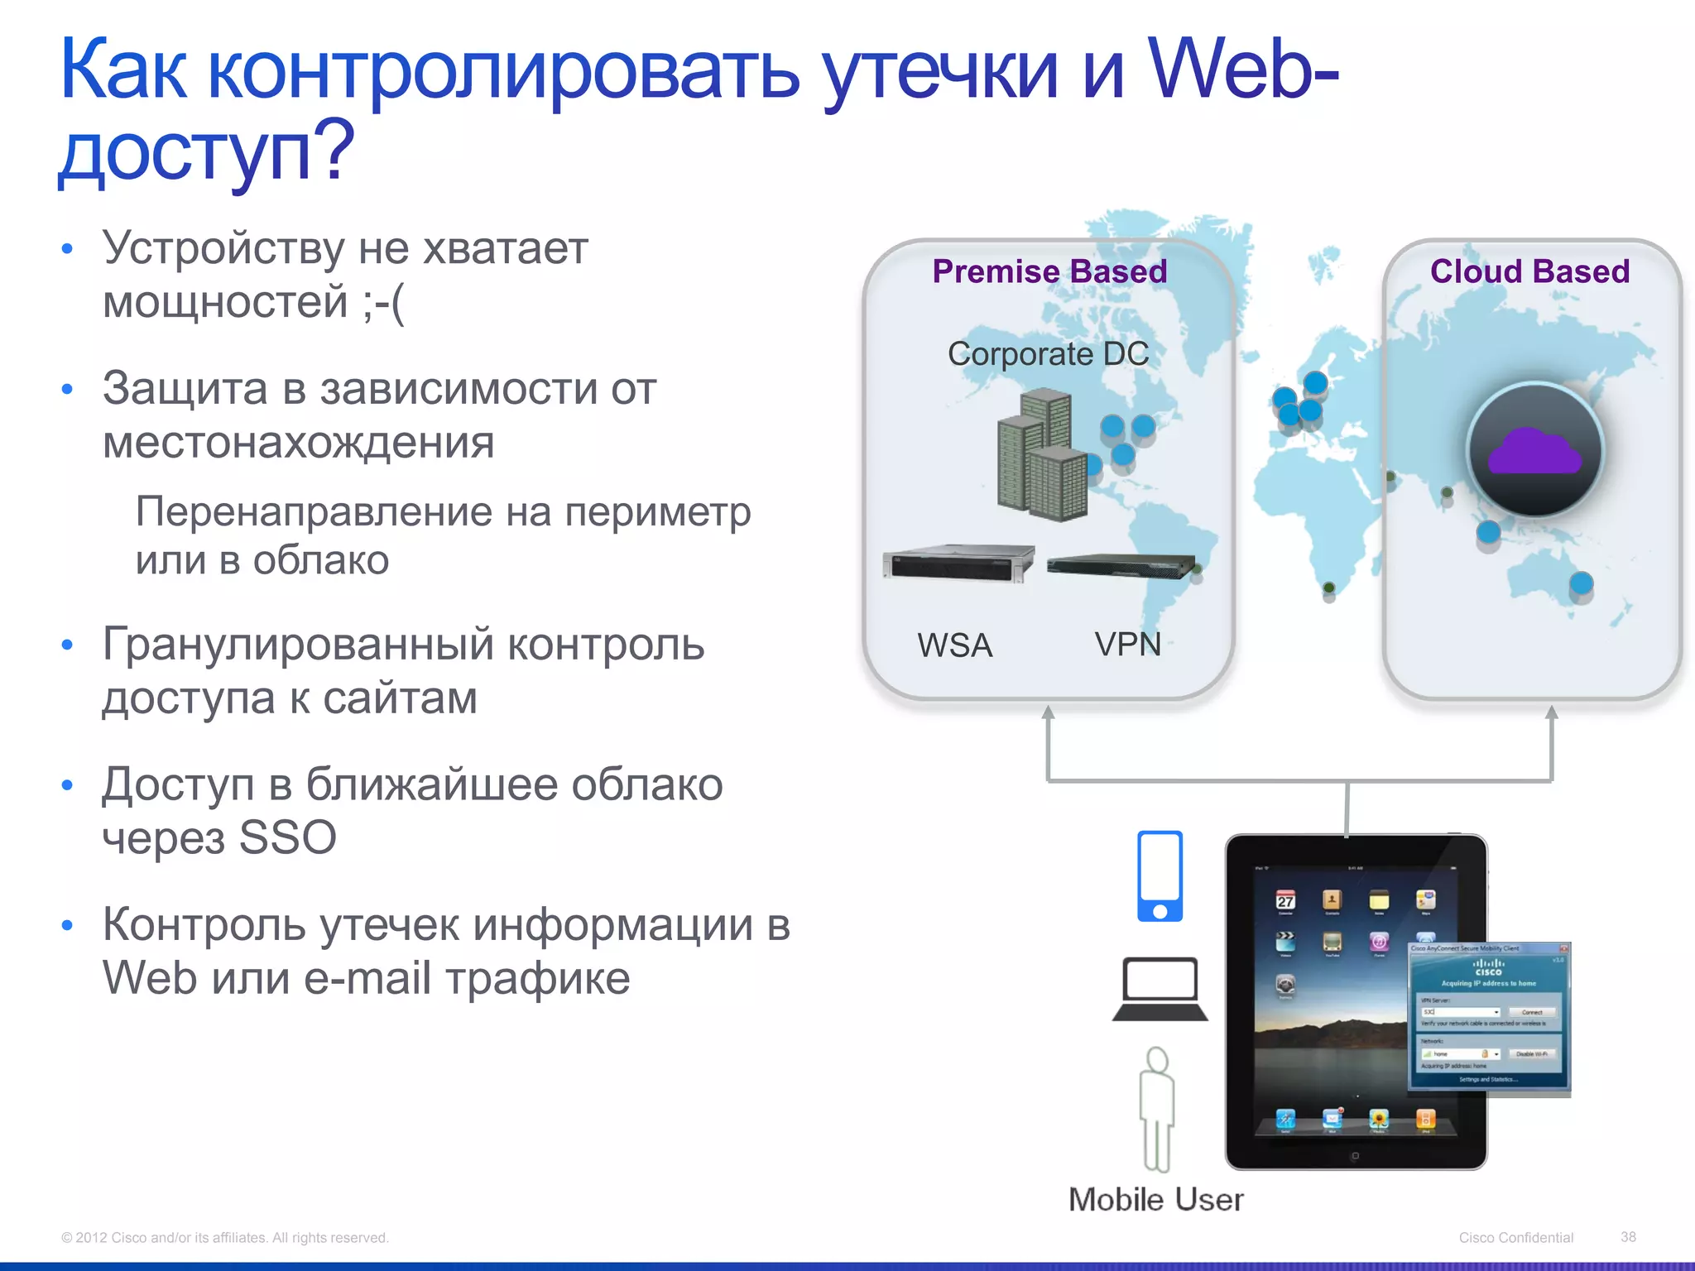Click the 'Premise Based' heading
click(1049, 271)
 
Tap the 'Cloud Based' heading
click(1529, 271)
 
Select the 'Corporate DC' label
click(1048, 354)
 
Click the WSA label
click(954, 645)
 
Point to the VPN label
click(1127, 644)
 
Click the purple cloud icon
click(1534, 453)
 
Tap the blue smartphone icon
click(1160, 876)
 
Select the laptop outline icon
click(1160, 990)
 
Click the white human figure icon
click(1156, 1109)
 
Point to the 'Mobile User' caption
click(1155, 1200)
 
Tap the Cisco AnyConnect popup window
click(1488, 1018)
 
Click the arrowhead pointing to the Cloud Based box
click(1551, 713)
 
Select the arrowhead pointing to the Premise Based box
click(1048, 713)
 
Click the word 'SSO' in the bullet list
click(287, 837)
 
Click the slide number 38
click(1628, 1237)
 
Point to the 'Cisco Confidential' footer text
click(1515, 1238)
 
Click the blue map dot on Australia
click(1581, 583)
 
